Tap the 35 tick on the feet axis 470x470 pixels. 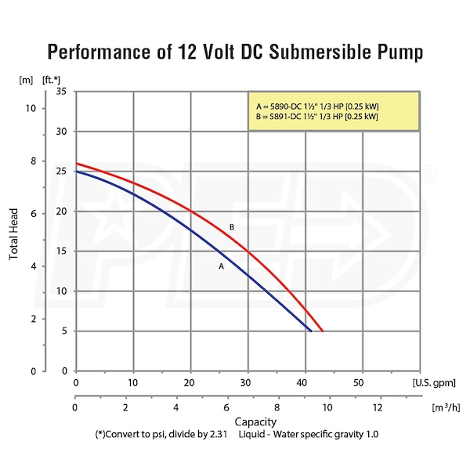tap(60, 92)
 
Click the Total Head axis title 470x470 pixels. tap(14, 230)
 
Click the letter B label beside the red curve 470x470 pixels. tap(232, 227)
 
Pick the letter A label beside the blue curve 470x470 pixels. tap(222, 266)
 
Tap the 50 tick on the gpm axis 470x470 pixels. tap(360, 383)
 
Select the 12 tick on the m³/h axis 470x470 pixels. tap(378, 409)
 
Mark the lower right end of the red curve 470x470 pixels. tap(322, 331)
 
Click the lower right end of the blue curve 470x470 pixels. tap(311, 331)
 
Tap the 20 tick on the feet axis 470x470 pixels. tap(60, 211)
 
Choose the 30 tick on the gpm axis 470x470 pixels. tap(246, 383)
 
